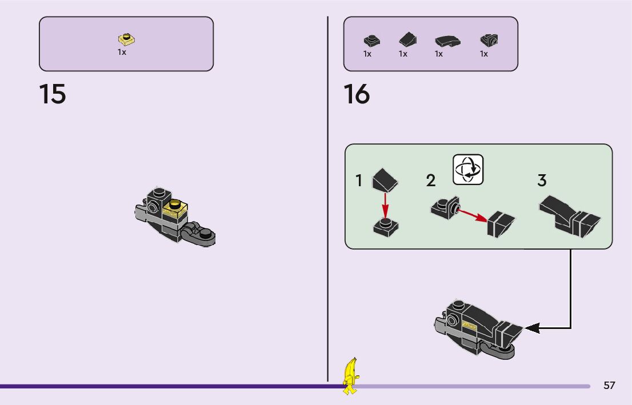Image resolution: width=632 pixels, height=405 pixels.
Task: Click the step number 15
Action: point(53,94)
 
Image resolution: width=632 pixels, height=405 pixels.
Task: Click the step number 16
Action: point(357,94)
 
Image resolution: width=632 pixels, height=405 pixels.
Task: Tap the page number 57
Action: point(609,385)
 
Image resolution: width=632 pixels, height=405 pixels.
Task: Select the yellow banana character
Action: point(350,376)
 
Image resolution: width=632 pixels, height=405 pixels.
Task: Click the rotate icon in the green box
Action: point(468,169)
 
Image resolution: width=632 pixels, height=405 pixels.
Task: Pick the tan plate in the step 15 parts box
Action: point(126,39)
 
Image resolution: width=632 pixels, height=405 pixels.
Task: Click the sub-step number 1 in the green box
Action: point(359,181)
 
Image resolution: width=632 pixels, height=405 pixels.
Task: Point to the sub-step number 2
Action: point(431,181)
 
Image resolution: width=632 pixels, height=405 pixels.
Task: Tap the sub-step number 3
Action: point(542,181)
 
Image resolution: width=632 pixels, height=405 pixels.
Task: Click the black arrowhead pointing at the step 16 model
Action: point(531,328)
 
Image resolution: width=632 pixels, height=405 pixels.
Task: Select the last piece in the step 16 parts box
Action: point(489,40)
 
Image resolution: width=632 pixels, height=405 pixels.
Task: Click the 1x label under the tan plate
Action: point(122,52)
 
